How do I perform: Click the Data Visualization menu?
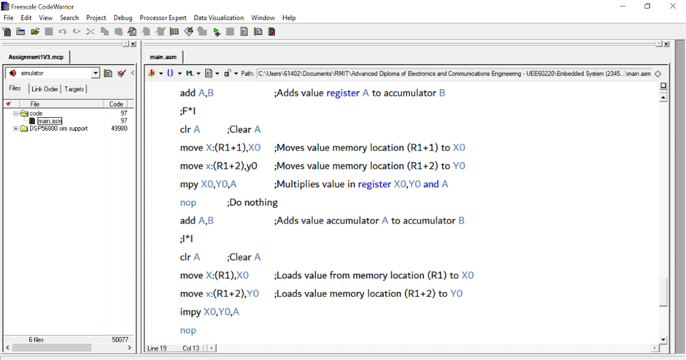click(219, 18)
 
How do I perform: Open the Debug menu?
click(123, 18)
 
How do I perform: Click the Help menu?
click(289, 18)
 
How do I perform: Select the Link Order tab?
click(45, 89)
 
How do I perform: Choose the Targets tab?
click(74, 89)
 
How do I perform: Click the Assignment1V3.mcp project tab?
click(36, 56)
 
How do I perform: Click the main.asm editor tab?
click(163, 56)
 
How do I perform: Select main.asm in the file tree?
click(50, 121)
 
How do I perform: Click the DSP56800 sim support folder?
click(58, 129)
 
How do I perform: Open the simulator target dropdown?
click(95, 73)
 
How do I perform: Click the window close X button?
click(673, 6)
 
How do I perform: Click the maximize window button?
click(647, 6)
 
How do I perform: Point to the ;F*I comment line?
click(188, 111)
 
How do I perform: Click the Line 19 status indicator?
click(158, 348)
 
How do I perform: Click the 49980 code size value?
click(119, 129)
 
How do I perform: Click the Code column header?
click(116, 104)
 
